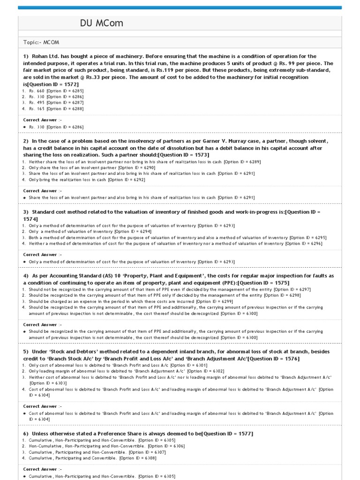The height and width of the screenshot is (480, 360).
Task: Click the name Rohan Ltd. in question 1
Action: click(47, 56)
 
